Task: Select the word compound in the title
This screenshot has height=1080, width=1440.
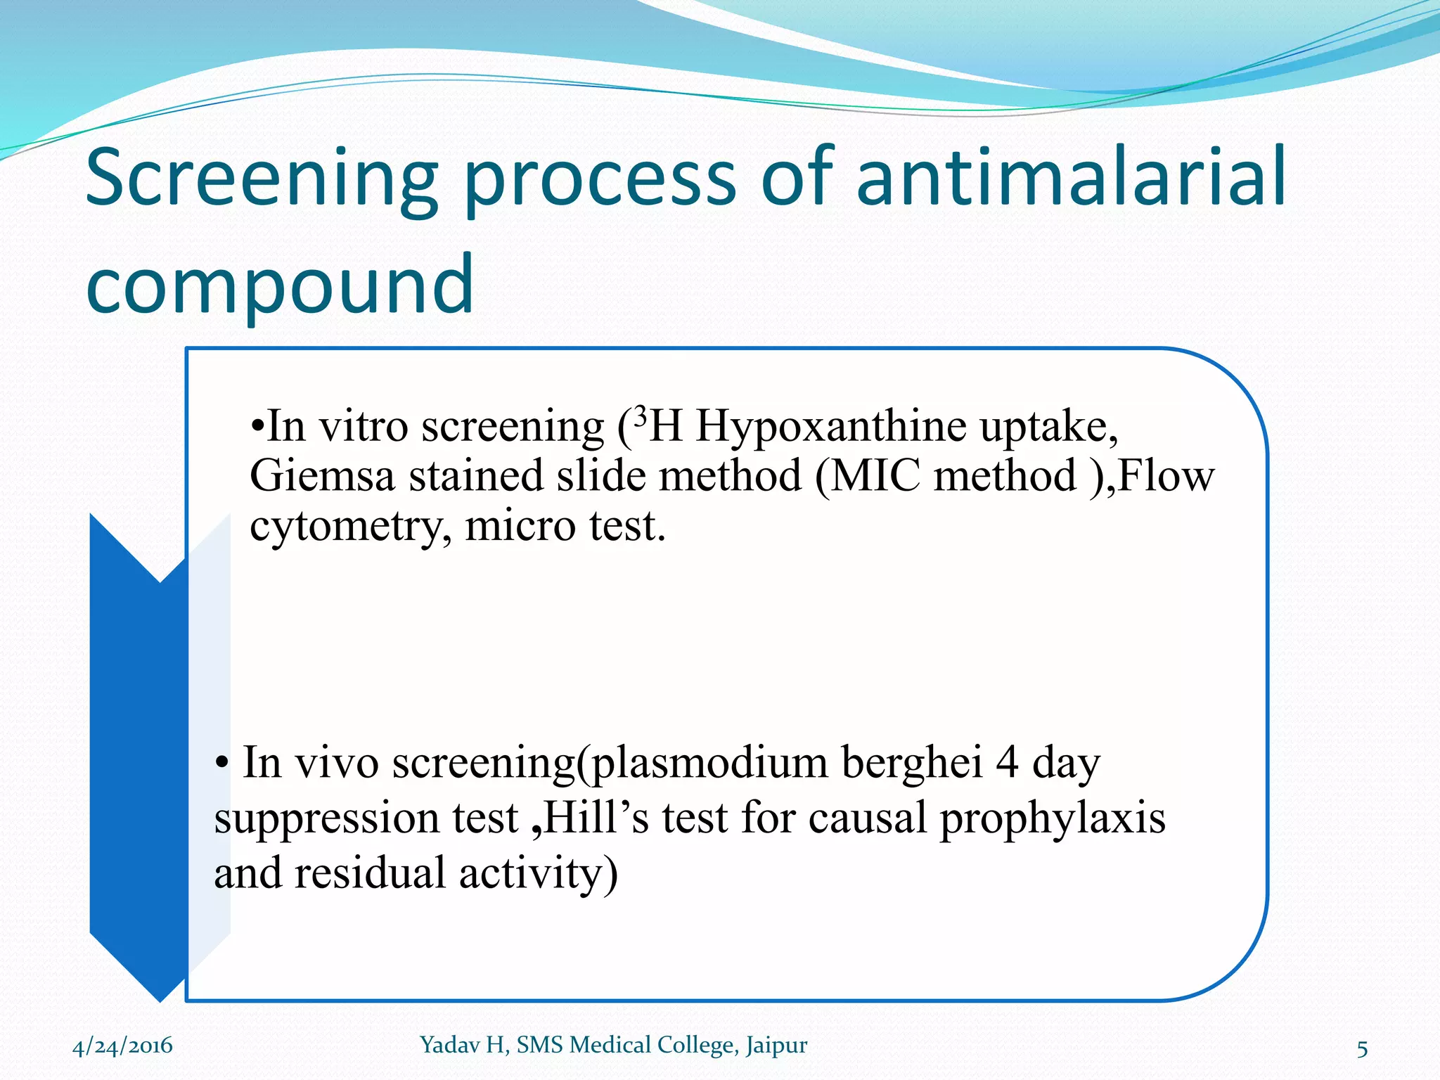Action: (279, 285)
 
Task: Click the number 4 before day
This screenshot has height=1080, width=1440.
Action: (1006, 762)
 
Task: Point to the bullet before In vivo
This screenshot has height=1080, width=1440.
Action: (222, 764)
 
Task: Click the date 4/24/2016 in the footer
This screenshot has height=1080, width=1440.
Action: (122, 1046)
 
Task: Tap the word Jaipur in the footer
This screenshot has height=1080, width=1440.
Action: (776, 1046)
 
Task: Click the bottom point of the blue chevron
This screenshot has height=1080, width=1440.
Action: (161, 998)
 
